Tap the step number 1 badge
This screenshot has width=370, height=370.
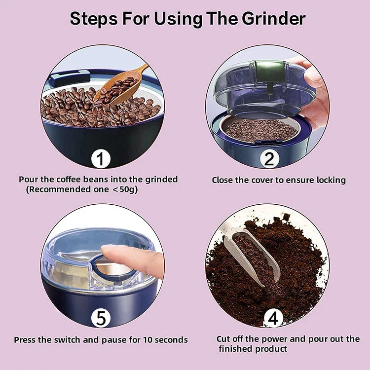click(x=101, y=159)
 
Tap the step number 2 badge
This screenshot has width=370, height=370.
click(x=269, y=159)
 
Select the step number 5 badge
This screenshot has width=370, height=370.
click(x=101, y=318)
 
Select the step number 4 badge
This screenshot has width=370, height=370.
click(x=273, y=318)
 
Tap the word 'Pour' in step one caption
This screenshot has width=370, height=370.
click(x=28, y=180)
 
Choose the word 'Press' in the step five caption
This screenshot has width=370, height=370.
click(x=26, y=340)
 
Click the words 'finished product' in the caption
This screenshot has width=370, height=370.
click(x=253, y=349)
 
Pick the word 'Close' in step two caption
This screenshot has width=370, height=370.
click(x=223, y=180)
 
